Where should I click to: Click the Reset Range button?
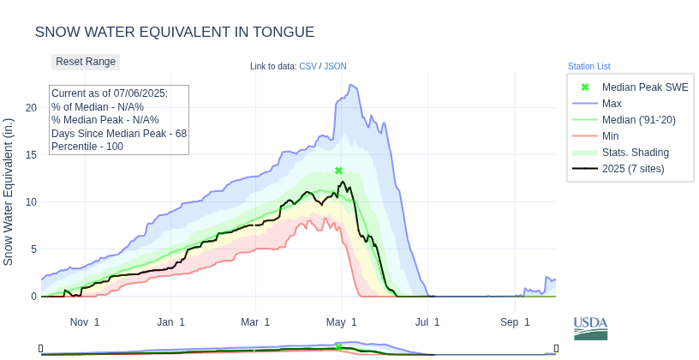coord(86,62)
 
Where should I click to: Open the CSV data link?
coord(308,66)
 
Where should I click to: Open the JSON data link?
coord(335,66)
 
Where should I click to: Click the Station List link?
coord(588,66)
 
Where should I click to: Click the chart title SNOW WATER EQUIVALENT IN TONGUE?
coord(175,32)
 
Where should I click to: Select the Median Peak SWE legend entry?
coord(644,87)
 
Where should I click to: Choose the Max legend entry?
coord(612,103)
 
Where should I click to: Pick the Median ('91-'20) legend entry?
coord(638,119)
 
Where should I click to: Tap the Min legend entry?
coord(610,135)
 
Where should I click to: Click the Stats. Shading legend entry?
coord(635,152)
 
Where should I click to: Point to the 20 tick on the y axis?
coord(31,107)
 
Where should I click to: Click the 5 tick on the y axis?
coord(33,249)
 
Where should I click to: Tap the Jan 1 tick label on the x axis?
coord(170,322)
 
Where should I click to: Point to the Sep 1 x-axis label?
coord(516,322)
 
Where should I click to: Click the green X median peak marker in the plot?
coord(338,171)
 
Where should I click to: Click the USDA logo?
coord(590,327)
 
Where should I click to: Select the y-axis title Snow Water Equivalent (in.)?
coord(9,192)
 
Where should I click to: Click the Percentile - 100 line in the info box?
coord(87,147)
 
